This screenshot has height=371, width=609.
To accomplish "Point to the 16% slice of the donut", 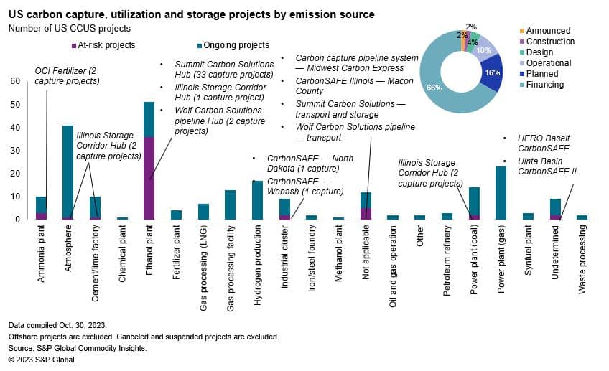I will [493, 73].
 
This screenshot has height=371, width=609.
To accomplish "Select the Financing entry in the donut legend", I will [544, 85].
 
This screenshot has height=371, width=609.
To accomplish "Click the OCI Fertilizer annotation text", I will [67, 76].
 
